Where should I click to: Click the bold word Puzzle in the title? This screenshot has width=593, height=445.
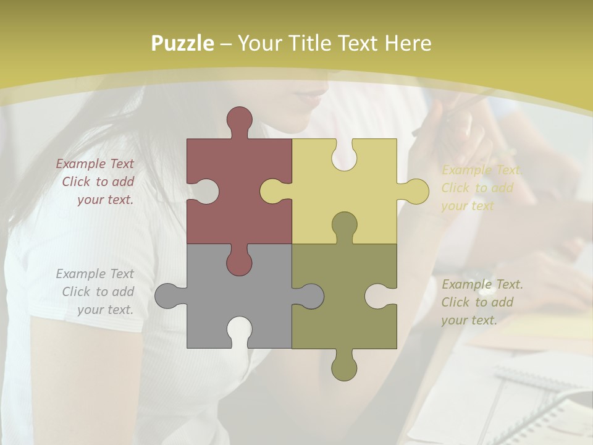click(x=183, y=43)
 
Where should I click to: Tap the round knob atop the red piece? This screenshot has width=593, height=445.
click(x=240, y=119)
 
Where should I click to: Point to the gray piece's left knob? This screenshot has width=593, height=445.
click(x=167, y=295)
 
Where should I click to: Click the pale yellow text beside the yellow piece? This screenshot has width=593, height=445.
click(x=480, y=188)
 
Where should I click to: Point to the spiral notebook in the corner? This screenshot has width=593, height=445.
click(x=525, y=402)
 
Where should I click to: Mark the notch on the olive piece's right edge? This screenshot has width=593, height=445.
click(x=379, y=296)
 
